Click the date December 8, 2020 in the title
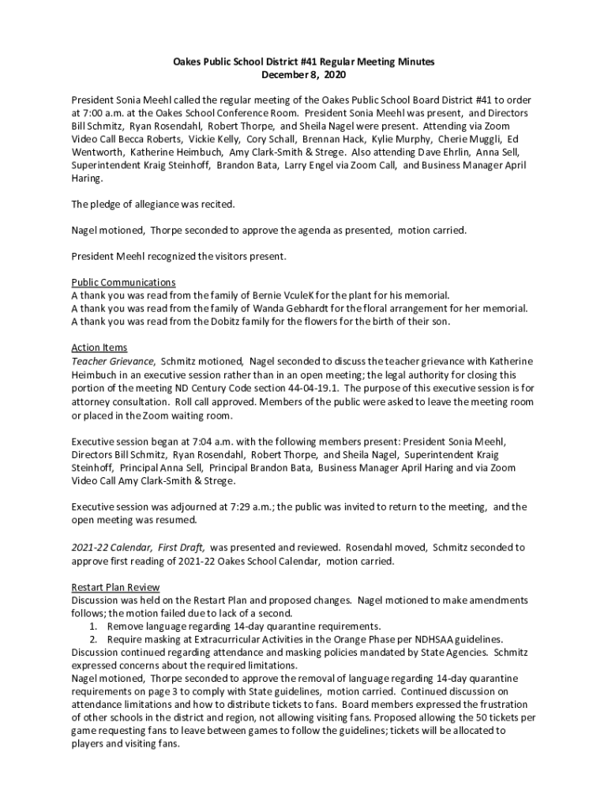click(x=304, y=75)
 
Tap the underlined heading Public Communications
click(x=123, y=282)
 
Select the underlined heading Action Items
click(x=99, y=347)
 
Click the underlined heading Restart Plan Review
click(x=115, y=587)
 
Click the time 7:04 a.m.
click(x=204, y=441)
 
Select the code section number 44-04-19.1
click(x=308, y=388)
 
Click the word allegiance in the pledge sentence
click(x=149, y=205)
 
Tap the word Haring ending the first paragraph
click(x=86, y=179)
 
